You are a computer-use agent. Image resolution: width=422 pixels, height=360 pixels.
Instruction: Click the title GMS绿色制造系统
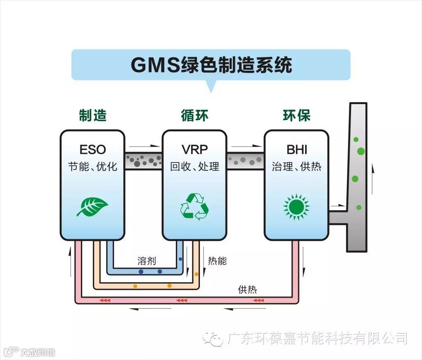click(x=211, y=65)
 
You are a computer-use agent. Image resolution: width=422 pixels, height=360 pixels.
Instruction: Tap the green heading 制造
click(x=92, y=116)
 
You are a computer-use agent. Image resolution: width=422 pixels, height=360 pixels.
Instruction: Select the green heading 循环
click(x=194, y=116)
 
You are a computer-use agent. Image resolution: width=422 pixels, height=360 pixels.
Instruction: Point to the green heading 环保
click(x=296, y=116)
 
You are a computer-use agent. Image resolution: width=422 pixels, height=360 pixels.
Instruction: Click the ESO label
click(x=92, y=149)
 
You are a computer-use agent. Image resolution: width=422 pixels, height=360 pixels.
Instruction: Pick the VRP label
click(x=194, y=149)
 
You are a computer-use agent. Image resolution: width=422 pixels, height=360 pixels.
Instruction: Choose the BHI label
click(x=296, y=149)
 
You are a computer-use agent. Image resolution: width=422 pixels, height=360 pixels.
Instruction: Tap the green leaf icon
click(x=92, y=206)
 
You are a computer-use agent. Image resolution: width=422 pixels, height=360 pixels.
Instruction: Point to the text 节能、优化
click(x=92, y=167)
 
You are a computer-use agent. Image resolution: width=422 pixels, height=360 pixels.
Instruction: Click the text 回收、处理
click(x=194, y=167)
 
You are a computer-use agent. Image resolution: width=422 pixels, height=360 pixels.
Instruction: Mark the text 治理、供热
click(x=296, y=167)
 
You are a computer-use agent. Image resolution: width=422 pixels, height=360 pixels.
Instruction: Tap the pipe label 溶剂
click(x=147, y=261)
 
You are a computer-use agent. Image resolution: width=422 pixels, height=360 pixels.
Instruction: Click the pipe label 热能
click(x=217, y=261)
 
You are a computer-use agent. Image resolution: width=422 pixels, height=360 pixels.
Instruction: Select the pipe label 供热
click(x=247, y=289)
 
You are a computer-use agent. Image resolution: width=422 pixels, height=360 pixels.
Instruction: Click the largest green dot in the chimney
click(x=361, y=151)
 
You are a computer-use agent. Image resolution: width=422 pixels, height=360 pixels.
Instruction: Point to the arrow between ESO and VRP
click(x=144, y=146)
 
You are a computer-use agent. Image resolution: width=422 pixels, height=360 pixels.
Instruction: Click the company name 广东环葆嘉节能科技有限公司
click(x=317, y=339)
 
